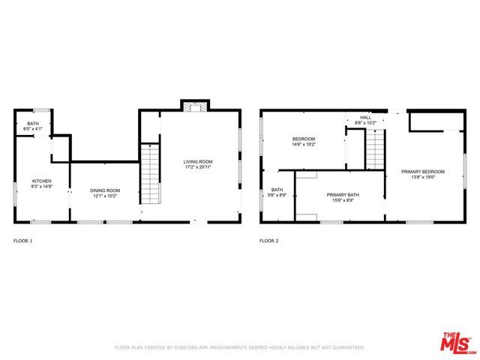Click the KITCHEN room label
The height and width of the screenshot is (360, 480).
[41, 181]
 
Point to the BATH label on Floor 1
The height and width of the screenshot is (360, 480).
[33, 123]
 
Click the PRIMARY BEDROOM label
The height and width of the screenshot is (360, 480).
[422, 172]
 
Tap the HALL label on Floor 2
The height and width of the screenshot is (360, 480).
[365, 117]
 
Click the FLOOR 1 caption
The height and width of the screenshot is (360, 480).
[23, 241]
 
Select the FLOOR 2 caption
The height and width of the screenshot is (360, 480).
[268, 241]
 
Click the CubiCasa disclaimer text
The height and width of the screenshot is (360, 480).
[239, 347]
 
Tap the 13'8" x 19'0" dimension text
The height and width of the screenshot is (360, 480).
[422, 177]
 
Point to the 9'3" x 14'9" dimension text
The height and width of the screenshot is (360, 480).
[41, 187]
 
